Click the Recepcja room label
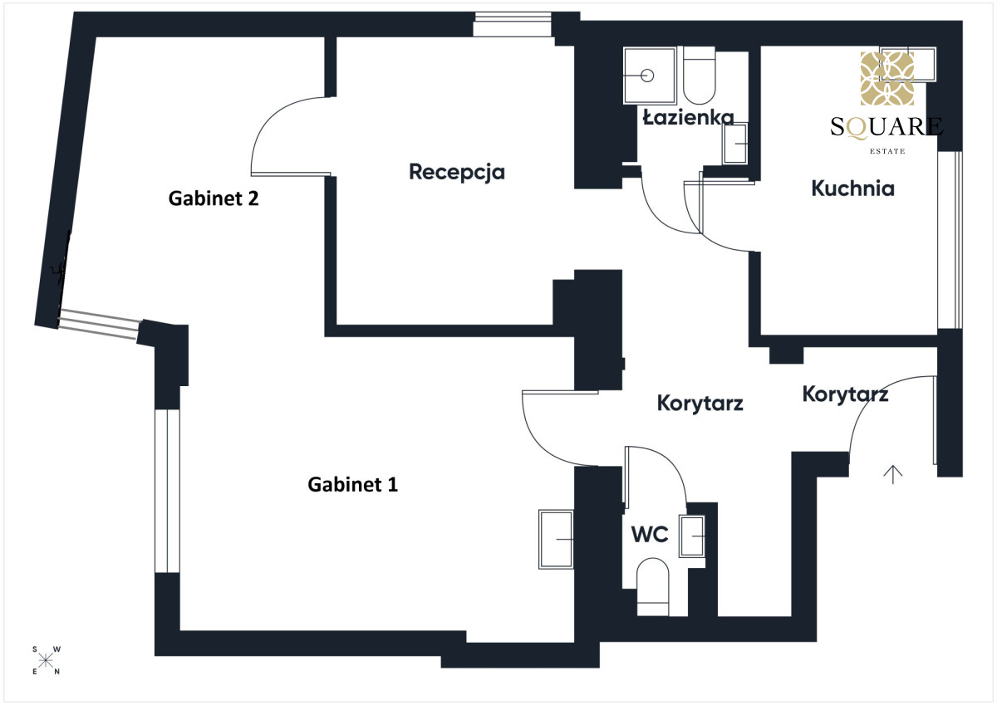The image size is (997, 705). pos(457,173)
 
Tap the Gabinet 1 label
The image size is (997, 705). pos(352,484)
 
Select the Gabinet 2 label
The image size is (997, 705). pos(214,198)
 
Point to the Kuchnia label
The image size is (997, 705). pos(852,188)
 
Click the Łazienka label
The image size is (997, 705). pos(688,117)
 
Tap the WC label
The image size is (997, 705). pos(650,534)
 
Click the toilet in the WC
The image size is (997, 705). pos(653,587)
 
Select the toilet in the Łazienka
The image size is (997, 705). pos(700,76)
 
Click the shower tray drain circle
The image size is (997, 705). pos(647,76)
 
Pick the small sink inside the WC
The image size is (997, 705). pos(691,536)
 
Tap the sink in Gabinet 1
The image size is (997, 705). pos(556,540)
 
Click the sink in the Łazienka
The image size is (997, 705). pos(734,144)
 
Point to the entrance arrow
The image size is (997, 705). pos(893,474)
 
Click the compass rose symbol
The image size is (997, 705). pos(46,660)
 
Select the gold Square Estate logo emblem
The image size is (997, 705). pos(887,78)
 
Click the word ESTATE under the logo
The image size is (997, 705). pos(887,151)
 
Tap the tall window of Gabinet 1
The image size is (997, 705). pos(167,491)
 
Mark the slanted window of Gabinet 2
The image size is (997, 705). pos(99,325)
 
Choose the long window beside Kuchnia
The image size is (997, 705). pos(950,240)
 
